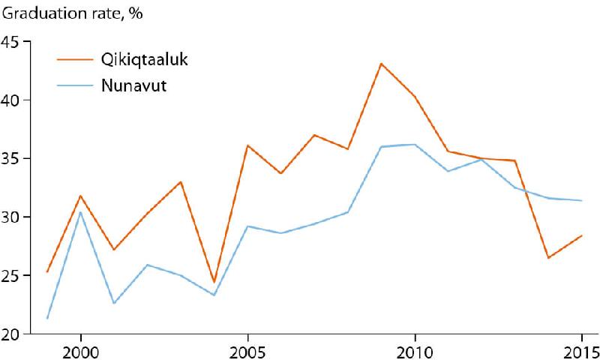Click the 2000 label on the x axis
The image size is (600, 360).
pos(81,351)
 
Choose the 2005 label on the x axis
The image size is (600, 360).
pos(247,351)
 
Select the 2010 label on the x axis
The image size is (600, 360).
pos(414,351)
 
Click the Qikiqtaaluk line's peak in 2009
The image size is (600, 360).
pos(381,64)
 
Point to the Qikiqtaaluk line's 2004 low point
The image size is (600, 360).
pos(214,283)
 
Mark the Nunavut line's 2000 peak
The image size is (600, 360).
pos(80,211)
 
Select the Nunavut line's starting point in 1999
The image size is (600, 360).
pos(47,319)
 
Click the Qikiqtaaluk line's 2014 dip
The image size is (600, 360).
pos(548,258)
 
